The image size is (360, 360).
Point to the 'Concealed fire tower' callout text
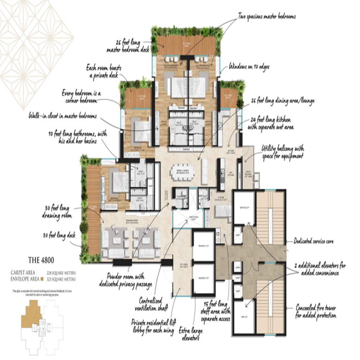316,312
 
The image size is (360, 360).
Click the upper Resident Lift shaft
203,246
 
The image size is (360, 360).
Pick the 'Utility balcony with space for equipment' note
283,152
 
